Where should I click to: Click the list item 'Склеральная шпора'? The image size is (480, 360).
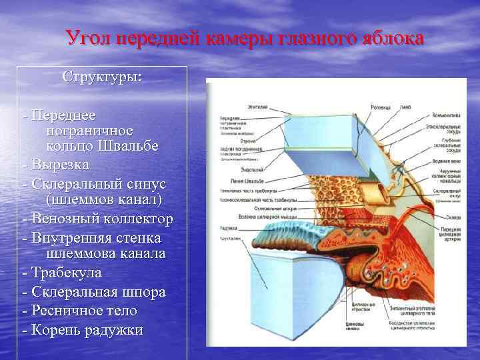[94, 292]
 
